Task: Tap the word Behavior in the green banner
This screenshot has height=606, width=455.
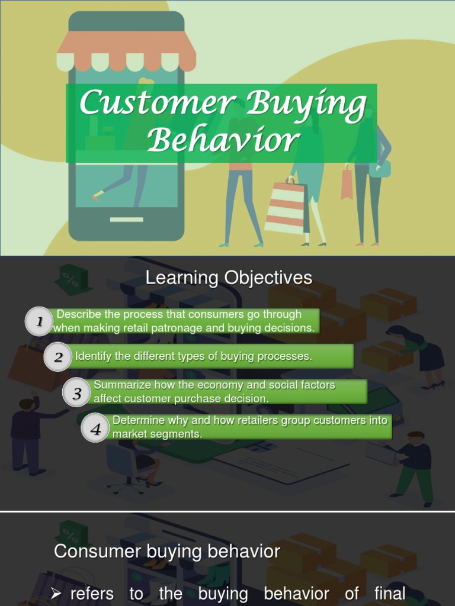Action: coord(223,141)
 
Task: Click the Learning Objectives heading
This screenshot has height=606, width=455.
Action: coord(229,278)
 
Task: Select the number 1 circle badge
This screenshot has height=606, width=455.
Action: coord(40,322)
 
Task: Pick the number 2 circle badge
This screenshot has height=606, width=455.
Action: coord(58,357)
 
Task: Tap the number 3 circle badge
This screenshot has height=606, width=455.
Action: coord(77,393)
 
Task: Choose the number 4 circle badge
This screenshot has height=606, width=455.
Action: coord(95,428)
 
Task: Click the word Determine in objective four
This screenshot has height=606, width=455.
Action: coord(137,420)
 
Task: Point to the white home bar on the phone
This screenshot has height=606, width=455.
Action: coord(126,220)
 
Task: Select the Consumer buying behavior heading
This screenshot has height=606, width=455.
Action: coord(166,552)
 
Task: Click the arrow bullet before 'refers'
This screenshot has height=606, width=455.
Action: coord(56,594)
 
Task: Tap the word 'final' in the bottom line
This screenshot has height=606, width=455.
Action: coord(390,593)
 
